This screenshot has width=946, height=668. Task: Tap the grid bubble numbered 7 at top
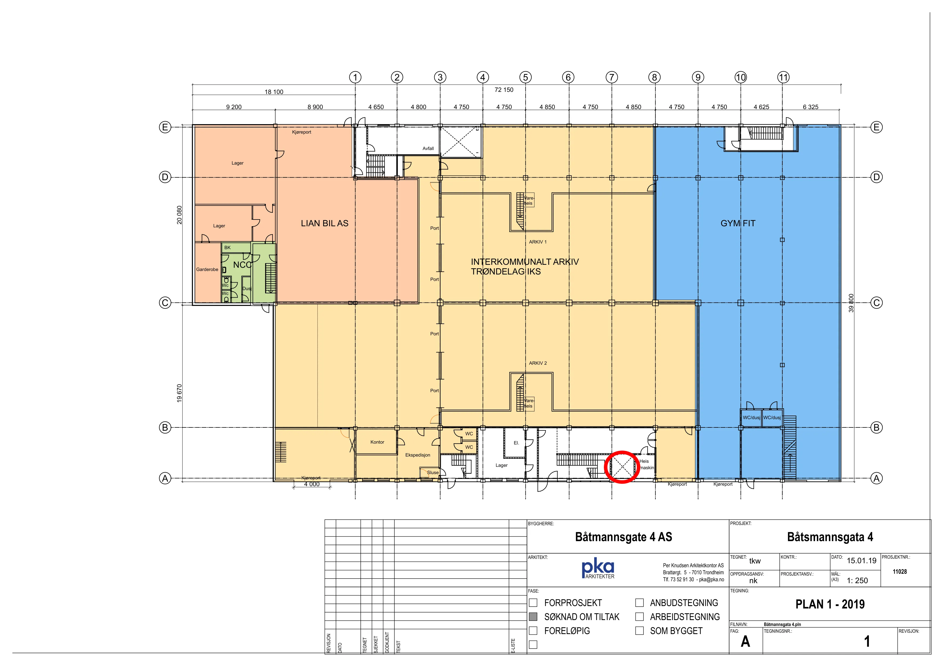(612, 77)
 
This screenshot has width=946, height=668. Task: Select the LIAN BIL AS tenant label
(325, 224)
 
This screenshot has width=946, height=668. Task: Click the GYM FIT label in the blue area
(738, 224)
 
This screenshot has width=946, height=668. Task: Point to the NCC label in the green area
(242, 265)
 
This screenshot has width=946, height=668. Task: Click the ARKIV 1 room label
(538, 242)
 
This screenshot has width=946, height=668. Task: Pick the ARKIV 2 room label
(538, 363)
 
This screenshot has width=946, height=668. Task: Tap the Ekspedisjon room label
(418, 455)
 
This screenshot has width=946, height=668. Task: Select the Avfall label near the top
(428, 149)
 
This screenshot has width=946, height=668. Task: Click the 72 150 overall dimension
(504, 90)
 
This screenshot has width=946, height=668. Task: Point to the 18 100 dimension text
(274, 92)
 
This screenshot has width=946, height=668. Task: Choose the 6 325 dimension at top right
(810, 107)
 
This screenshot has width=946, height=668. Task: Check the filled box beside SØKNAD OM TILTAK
(533, 617)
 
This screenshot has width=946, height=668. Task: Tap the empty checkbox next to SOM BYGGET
(639, 631)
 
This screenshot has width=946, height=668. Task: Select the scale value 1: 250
(857, 581)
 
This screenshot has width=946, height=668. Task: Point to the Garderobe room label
(207, 270)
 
